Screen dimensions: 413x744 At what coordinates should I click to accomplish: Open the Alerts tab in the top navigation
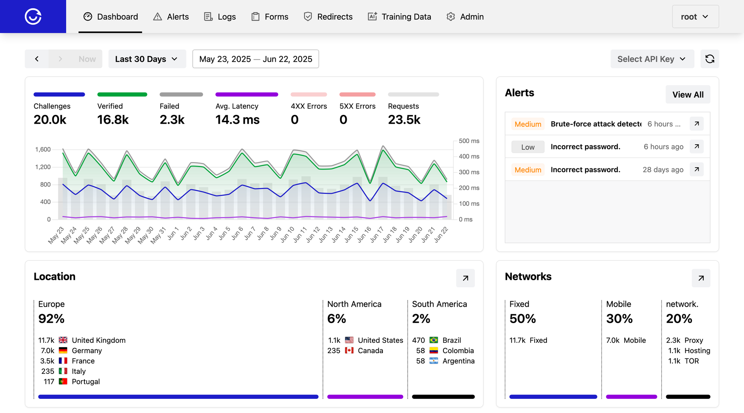click(x=171, y=17)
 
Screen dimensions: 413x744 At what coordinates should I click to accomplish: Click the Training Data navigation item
click(x=400, y=17)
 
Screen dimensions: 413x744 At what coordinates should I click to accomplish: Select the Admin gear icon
click(x=451, y=17)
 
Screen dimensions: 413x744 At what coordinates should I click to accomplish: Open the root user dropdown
click(x=695, y=17)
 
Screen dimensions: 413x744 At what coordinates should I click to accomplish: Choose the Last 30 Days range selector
click(x=147, y=59)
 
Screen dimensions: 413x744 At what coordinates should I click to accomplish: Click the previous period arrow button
click(x=37, y=59)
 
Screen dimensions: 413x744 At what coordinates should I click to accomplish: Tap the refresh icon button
click(x=709, y=59)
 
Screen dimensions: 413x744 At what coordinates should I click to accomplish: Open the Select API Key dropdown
click(x=652, y=59)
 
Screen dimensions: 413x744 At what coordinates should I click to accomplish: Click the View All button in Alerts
click(x=687, y=95)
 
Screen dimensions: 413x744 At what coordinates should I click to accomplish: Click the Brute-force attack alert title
click(x=596, y=124)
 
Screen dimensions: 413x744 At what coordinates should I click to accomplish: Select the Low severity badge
click(x=527, y=147)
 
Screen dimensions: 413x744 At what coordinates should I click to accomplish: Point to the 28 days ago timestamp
click(x=663, y=170)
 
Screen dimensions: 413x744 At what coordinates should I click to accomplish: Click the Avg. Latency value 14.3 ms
click(x=237, y=120)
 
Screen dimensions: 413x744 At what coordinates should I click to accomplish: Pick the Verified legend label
click(x=110, y=106)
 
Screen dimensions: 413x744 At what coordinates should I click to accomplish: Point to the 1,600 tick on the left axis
click(x=43, y=149)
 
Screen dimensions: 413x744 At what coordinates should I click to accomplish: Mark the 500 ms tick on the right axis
click(x=469, y=141)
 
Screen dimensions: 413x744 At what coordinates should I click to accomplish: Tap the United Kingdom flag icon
click(x=63, y=340)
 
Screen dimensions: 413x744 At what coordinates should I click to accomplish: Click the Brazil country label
click(x=452, y=340)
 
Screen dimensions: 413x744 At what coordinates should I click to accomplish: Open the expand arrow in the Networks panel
click(x=701, y=278)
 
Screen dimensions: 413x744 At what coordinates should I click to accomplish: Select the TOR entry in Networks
click(x=692, y=361)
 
